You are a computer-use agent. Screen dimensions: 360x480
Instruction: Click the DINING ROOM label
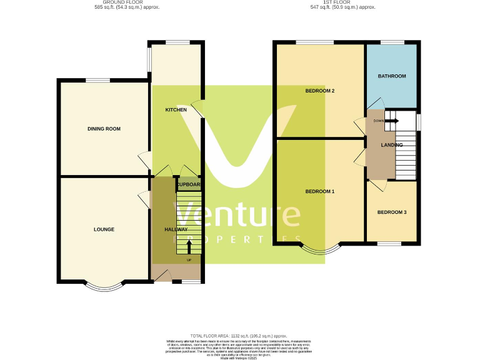[104, 129]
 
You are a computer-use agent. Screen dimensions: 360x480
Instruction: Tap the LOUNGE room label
[104, 229]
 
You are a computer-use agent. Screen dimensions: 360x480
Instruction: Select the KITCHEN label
[176, 110]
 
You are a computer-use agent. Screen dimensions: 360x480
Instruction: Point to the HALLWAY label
[176, 229]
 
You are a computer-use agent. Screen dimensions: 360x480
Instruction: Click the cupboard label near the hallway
[188, 185]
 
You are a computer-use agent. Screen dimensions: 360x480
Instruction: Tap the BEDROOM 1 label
[319, 191]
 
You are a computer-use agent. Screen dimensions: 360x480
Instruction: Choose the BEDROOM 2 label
[319, 91]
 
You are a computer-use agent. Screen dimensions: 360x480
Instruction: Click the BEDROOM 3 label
[392, 212]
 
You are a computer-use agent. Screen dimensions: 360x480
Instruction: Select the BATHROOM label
[392, 76]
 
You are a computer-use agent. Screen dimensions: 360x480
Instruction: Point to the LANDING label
[392, 145]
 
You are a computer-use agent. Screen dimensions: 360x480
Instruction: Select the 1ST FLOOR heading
[342, 3]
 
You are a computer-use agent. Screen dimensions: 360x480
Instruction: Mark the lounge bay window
[98, 287]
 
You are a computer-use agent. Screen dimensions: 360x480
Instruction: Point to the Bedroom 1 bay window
[320, 249]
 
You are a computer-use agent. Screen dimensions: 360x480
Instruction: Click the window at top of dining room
[97, 80]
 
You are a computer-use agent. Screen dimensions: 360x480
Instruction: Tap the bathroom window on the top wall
[392, 42]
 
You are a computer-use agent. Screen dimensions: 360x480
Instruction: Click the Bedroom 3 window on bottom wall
[392, 243]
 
